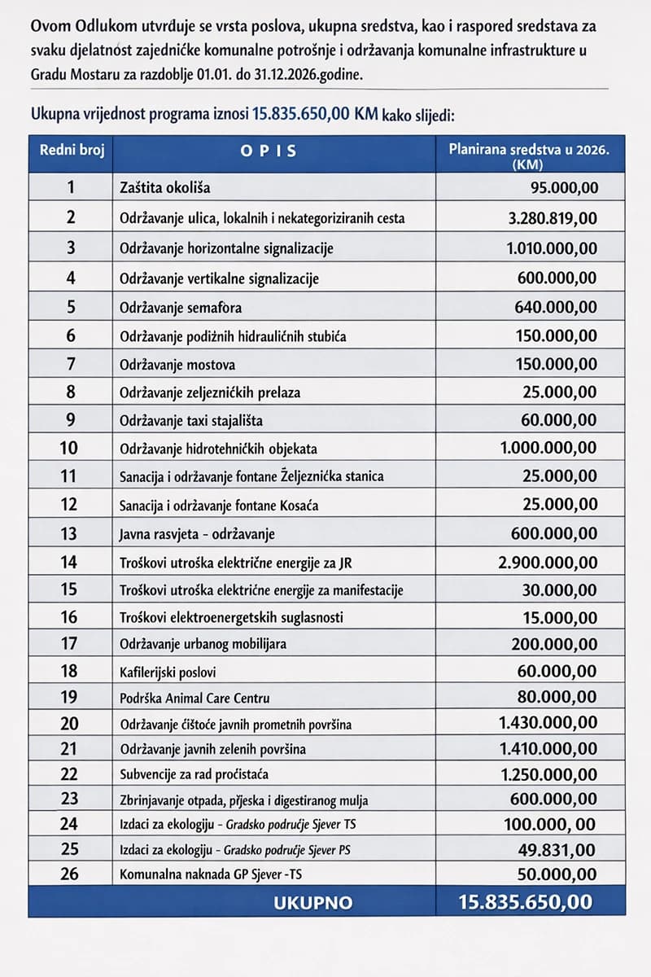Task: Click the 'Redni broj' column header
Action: point(71,151)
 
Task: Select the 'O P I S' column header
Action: point(269,151)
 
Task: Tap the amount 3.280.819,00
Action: point(549,217)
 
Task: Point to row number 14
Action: point(71,562)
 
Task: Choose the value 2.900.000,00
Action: point(548,562)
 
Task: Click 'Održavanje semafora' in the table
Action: point(181,308)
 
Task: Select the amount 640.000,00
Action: point(556,308)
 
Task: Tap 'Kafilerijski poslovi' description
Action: point(168,672)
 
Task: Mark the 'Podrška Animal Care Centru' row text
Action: point(194,698)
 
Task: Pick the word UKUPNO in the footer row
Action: point(313,902)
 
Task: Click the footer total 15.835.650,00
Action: point(526,902)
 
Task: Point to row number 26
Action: point(71,875)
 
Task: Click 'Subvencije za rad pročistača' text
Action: point(194,773)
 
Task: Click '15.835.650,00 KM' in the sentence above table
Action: point(316,113)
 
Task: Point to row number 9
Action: point(71,421)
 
